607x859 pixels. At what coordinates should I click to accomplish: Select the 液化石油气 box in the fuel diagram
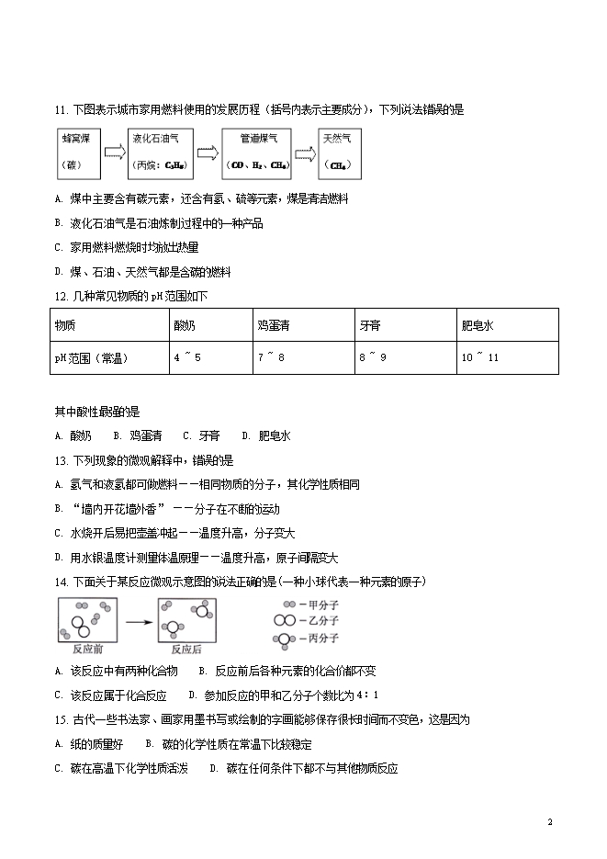click(155, 153)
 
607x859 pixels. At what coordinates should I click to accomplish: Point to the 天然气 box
click(341, 153)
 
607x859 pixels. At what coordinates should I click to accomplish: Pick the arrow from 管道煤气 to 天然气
click(304, 153)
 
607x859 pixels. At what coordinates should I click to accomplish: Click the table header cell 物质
click(107, 325)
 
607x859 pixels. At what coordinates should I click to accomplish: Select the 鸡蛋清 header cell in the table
click(299, 325)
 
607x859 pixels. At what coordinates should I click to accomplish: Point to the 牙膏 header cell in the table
click(403, 325)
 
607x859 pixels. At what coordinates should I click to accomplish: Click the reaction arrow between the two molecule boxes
click(137, 622)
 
